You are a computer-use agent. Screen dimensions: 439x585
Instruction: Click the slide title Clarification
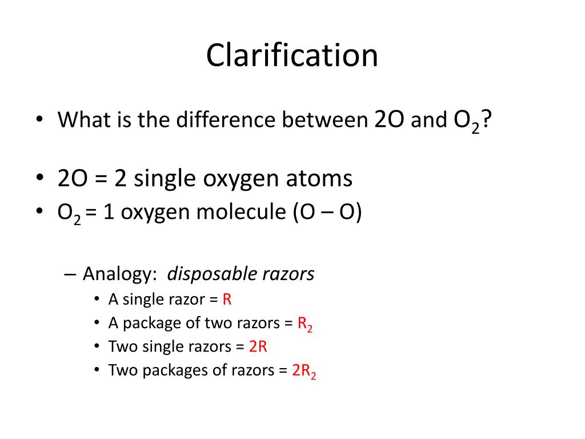point(292,56)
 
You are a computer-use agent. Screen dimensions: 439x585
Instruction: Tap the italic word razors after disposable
point(289,274)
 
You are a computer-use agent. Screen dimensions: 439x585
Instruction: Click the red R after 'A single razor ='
point(227,300)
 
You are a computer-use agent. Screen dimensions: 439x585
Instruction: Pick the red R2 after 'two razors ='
point(304,324)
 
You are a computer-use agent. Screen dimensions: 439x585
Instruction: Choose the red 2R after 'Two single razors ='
point(258,347)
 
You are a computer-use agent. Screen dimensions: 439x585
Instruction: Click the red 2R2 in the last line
point(304,371)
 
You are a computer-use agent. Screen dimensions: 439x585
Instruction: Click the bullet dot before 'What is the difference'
point(39,120)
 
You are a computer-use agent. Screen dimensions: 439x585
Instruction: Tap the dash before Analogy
point(70,274)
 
